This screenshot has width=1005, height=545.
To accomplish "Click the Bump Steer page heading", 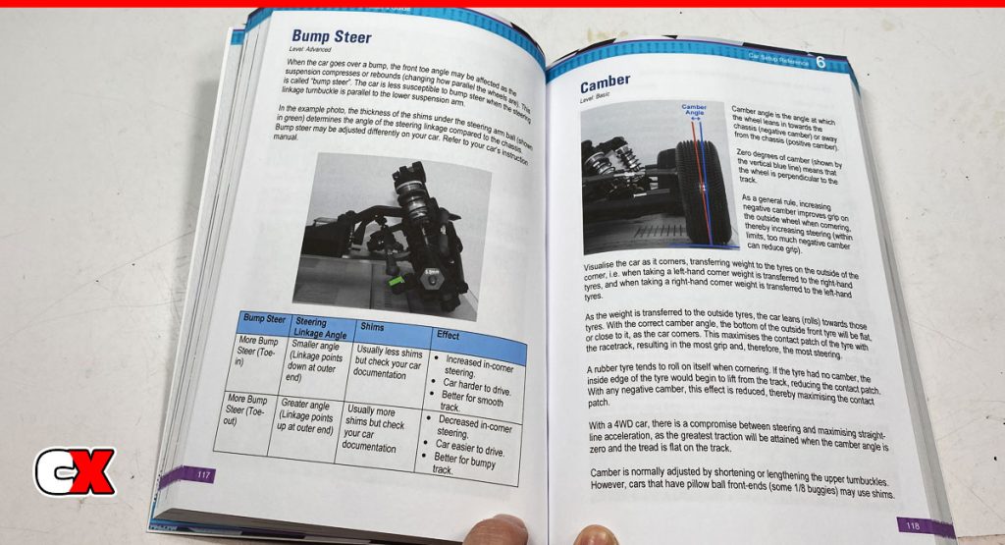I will pyautogui.click(x=331, y=37).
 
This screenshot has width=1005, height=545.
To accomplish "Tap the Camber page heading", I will pyautogui.click(x=605, y=82).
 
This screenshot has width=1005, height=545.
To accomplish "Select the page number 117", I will pyautogui.click(x=204, y=475).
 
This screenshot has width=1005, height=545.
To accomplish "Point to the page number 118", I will pyautogui.click(x=912, y=523).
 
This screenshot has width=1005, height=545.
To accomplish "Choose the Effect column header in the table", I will pyautogui.click(x=449, y=336).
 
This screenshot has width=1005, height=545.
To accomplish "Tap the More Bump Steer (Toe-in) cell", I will pyautogui.click(x=257, y=354).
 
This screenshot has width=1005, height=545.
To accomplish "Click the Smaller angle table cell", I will pyautogui.click(x=314, y=362).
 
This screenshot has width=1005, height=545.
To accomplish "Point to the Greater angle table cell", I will pyautogui.click(x=303, y=422).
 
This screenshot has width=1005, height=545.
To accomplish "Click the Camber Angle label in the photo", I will pyautogui.click(x=694, y=111).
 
